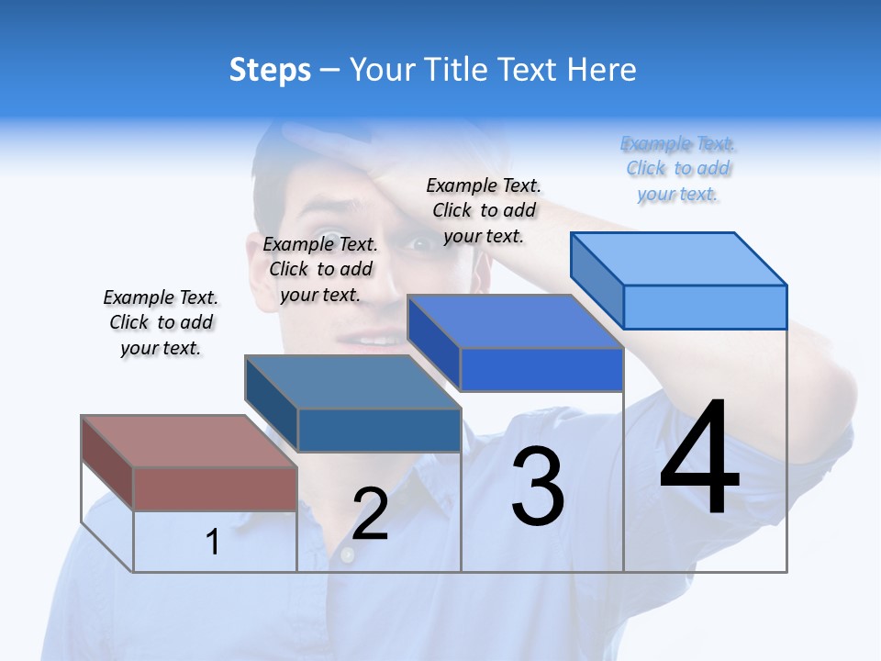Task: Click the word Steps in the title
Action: click(270, 70)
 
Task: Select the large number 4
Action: click(699, 458)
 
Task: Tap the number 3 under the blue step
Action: click(538, 487)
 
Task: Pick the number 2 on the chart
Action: click(370, 514)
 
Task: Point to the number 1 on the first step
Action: click(213, 542)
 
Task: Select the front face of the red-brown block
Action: click(215, 488)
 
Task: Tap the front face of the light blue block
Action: click(705, 307)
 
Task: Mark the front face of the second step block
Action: click(379, 430)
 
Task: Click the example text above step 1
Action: click(161, 322)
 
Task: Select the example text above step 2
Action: click(320, 269)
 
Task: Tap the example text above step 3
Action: click(484, 210)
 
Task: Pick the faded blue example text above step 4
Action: click(678, 169)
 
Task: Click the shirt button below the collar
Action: click(347, 555)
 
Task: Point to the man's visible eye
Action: click(418, 244)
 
